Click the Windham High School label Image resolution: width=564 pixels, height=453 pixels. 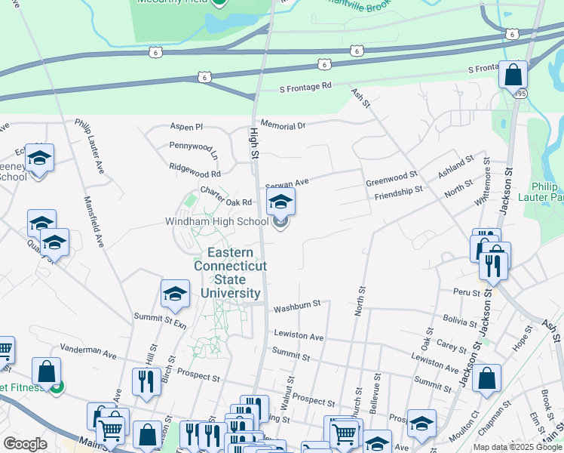pos(216,222)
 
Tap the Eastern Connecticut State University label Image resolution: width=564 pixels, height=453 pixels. pos(230,272)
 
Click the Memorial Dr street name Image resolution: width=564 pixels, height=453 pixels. pos(283,125)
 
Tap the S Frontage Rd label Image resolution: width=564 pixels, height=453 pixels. pos(305,87)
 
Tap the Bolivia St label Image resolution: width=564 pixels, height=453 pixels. pos(461,320)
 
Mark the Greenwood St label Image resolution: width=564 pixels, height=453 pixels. pos(391,179)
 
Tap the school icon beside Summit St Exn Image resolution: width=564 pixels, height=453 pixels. pos(175,294)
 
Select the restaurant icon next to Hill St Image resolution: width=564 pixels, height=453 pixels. pos(143,382)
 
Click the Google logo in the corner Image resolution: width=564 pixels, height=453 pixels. pos(25,444)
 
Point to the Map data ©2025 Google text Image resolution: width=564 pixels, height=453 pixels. pos(517,447)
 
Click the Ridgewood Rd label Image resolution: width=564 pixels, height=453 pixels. pos(195,169)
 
